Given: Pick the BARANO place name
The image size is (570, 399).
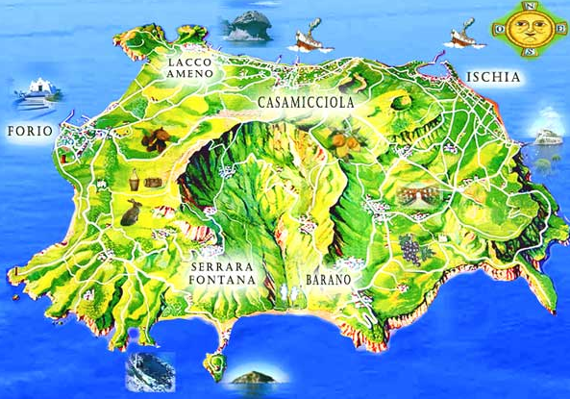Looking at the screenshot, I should [x=327, y=279].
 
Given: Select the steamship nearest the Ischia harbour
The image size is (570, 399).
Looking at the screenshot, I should [x=463, y=37].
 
